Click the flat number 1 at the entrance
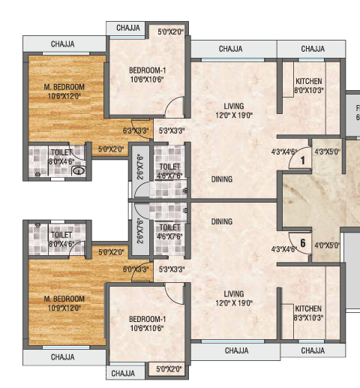coord(301,160)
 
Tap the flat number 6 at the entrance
coord(301,242)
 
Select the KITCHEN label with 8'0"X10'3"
coord(309,86)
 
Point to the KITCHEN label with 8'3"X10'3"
coord(308,313)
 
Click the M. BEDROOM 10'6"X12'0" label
coord(63,92)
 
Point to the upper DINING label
coord(221,179)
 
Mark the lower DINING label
coord(221,222)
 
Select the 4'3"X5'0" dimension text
coord(327,152)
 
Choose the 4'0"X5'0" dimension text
coord(327,244)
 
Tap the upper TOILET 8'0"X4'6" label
coord(62,156)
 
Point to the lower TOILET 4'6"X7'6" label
coord(171,231)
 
